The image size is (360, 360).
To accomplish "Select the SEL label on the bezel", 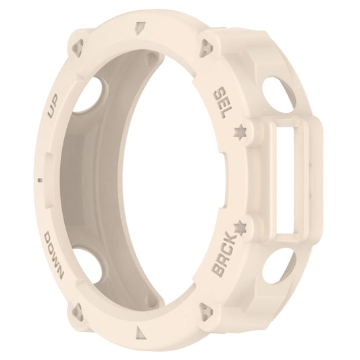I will click(221, 102).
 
